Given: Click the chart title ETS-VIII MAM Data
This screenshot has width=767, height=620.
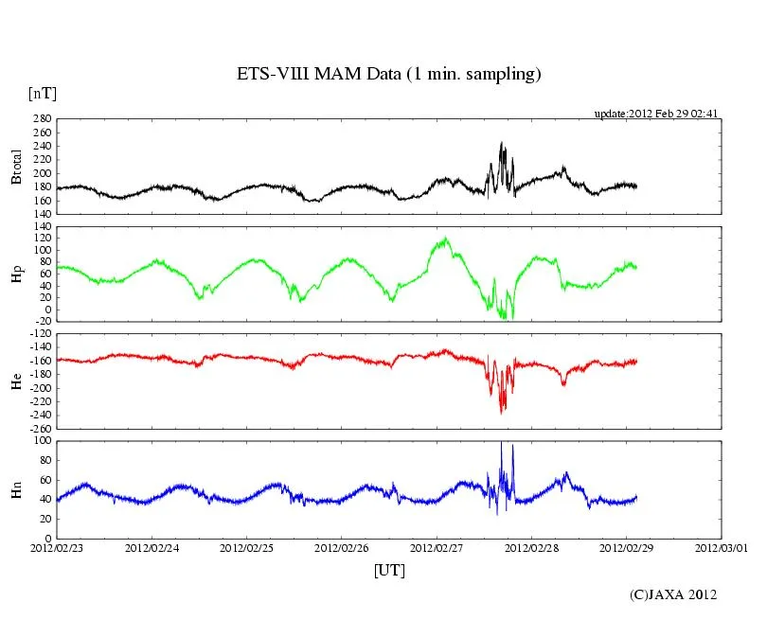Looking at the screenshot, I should [388, 75].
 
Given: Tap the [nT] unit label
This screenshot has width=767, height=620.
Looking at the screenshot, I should [43, 94].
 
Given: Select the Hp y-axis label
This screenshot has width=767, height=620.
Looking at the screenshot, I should [16, 274].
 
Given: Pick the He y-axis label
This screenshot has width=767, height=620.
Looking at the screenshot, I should [16, 381].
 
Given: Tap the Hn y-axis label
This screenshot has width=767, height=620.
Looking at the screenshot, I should [16, 489].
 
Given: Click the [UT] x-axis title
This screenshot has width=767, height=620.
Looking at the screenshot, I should [389, 571].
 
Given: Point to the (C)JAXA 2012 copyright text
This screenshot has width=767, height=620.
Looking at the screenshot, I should [673, 594].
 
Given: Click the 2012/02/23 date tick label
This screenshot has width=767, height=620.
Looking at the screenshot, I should [57, 547].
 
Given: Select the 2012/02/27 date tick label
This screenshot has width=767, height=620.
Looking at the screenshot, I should [437, 547].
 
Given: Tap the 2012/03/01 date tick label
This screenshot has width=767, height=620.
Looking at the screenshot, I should [721, 547].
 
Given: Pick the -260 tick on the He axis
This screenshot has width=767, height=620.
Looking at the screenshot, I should [39, 428].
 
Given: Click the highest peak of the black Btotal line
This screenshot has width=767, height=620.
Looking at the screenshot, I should [502, 143].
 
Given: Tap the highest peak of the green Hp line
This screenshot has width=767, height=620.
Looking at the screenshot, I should [444, 238].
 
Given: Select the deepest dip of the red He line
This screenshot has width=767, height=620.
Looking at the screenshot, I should [502, 413].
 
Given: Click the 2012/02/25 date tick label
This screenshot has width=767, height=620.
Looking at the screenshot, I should [246, 547].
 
